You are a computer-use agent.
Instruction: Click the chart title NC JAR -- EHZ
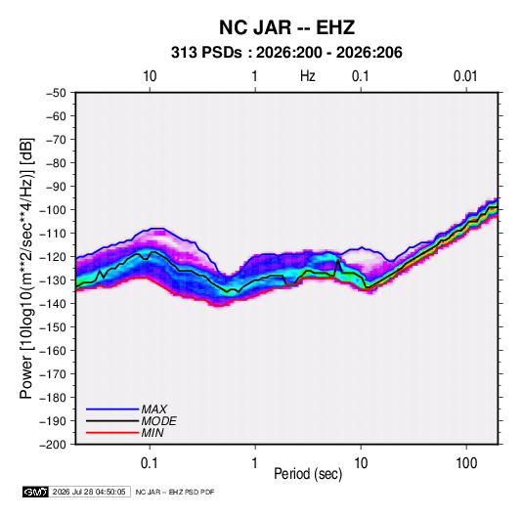click(286, 27)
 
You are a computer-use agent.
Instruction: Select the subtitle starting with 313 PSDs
click(286, 53)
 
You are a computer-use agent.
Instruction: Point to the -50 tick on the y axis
click(56, 93)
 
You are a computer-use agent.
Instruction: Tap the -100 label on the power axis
click(53, 210)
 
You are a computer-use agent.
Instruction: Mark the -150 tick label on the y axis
click(53, 327)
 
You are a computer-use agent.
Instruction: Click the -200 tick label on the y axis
click(53, 445)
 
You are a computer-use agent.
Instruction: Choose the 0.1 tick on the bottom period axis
click(150, 463)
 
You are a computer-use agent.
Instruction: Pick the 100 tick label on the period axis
click(466, 463)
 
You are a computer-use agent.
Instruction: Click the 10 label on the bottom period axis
click(361, 463)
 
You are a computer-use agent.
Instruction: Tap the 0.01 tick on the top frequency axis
click(465, 76)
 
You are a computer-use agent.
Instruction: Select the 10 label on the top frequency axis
click(150, 76)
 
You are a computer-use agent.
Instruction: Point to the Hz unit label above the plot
click(308, 76)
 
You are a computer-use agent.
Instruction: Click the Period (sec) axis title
click(308, 474)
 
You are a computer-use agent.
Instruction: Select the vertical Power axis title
click(26, 269)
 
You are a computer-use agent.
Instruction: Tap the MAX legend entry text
click(153, 409)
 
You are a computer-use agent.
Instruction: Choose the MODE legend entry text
click(158, 421)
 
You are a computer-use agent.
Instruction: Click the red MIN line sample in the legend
click(112, 433)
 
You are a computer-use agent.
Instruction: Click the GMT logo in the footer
click(35, 492)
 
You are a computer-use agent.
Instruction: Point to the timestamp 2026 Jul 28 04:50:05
click(89, 492)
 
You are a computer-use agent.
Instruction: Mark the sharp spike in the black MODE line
click(338, 260)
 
